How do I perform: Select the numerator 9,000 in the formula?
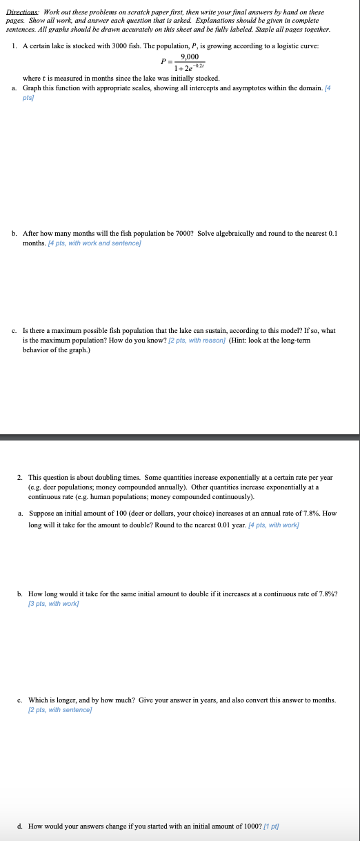pos(189,57)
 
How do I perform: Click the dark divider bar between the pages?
pos(180,437)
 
